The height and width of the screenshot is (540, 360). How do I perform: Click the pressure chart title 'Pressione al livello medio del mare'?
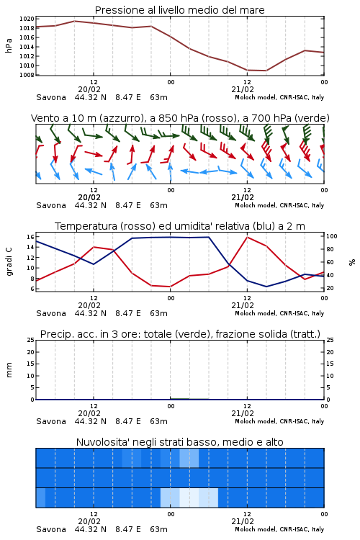179,10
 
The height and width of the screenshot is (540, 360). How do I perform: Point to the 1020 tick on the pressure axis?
27,19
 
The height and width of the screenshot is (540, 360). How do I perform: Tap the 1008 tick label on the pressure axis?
27,75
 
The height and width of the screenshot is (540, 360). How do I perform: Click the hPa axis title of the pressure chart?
9,45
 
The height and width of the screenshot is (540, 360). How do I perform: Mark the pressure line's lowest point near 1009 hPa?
266,71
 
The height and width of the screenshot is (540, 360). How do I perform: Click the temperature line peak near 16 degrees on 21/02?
248,237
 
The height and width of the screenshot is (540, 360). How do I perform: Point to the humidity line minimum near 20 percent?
266,287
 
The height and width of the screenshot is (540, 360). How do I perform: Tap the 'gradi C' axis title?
9,262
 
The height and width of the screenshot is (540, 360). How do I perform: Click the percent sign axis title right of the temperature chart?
352,262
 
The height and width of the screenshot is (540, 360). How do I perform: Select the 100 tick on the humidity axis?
331,236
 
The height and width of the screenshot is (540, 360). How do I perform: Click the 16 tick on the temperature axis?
30,237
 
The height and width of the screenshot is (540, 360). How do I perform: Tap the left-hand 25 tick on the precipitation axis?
31,340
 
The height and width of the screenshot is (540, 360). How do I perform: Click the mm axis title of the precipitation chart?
9,370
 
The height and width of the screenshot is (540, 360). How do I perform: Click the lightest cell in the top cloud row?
189,458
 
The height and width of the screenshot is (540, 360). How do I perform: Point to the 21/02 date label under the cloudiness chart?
243,521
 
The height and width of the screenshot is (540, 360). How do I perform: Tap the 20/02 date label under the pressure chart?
89,89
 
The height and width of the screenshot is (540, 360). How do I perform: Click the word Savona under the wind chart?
51,205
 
